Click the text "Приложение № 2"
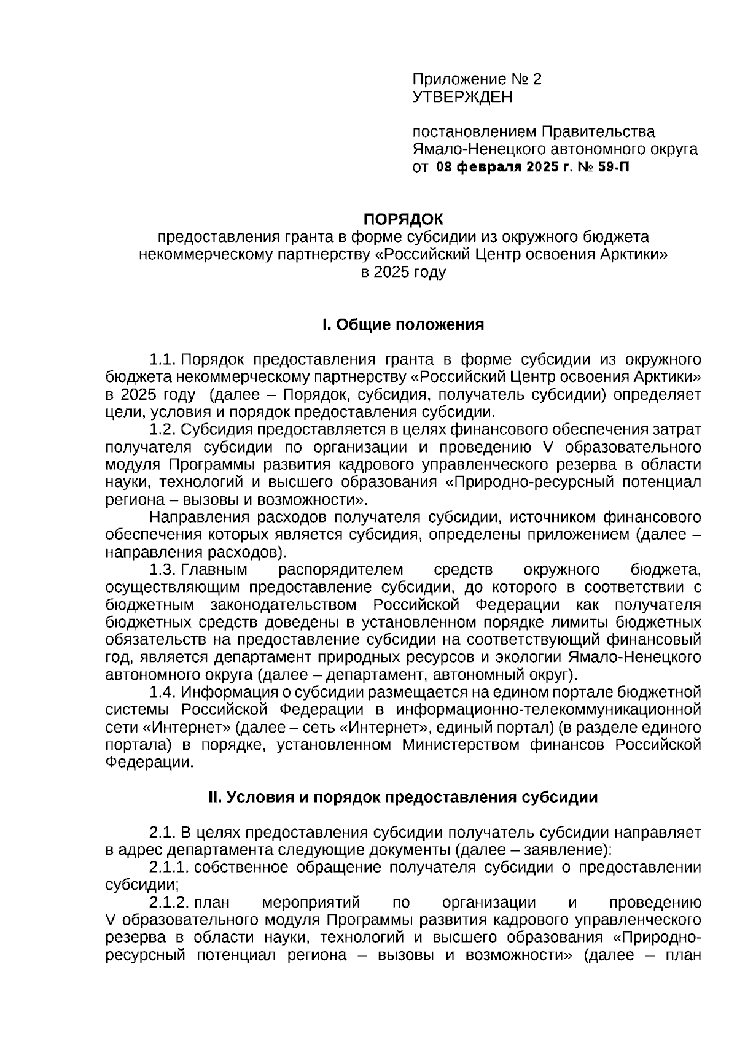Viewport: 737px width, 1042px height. pos(477,79)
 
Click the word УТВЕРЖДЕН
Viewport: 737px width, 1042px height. pos(462,97)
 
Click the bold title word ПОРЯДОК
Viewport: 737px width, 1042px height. pos(403,219)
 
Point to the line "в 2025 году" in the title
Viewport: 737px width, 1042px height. pos(403,272)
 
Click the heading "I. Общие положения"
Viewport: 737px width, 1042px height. pos(403,325)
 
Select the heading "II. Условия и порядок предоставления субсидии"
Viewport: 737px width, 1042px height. pos(403,797)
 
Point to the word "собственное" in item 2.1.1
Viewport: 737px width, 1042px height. pos(241,867)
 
